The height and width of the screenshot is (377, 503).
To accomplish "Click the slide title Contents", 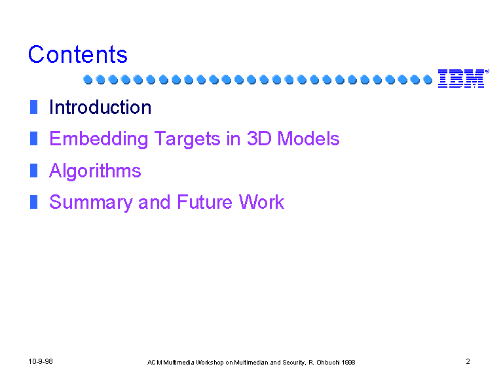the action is (78, 54).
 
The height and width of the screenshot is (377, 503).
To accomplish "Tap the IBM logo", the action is (463, 79).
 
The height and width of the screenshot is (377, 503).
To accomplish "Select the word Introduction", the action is (100, 107).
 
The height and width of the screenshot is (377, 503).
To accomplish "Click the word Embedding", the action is (98, 139).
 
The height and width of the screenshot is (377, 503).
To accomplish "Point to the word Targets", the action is (187, 139).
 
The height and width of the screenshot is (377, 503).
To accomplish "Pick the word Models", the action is (308, 139).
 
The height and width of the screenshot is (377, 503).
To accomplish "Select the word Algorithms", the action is (95, 171).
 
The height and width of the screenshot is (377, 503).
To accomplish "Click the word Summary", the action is (91, 203).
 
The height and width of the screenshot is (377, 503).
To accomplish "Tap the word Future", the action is (204, 202).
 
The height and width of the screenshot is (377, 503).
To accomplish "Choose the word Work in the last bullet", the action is (261, 202).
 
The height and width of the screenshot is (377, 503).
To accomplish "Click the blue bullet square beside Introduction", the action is (33, 107).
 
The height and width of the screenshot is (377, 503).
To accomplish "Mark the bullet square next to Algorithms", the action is (33, 171).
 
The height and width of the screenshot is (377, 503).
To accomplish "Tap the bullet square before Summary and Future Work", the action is (33, 202).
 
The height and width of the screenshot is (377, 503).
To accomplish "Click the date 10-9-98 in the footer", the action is (41, 361).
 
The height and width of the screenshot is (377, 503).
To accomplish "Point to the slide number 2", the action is (468, 361).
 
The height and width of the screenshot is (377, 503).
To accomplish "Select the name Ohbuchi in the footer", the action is (328, 362).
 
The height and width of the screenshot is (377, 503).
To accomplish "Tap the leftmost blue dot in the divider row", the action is (88, 79).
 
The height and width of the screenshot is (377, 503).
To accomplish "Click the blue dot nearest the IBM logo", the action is (428, 79).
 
